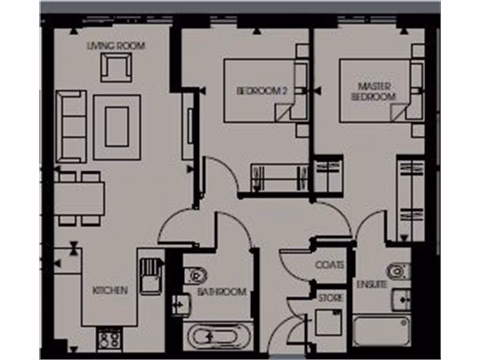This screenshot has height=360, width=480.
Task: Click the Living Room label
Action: pyautogui.click(x=116, y=46)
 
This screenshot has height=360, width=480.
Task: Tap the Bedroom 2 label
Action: pyautogui.click(x=261, y=91)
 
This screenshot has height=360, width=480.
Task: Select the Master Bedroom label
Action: pyautogui.click(x=374, y=92)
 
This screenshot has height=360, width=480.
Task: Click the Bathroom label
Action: pyautogui.click(x=221, y=292)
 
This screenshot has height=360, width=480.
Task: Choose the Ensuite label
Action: pyautogui.click(x=372, y=285)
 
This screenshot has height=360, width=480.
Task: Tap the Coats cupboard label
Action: pyautogui.click(x=330, y=265)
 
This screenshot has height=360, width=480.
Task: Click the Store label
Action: pyautogui.click(x=330, y=298)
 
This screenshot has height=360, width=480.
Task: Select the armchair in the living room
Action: pyautogui.click(x=116, y=67)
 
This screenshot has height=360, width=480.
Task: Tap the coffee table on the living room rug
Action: pyautogui.click(x=117, y=127)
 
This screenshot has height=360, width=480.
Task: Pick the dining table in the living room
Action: pyautogui.click(x=79, y=198)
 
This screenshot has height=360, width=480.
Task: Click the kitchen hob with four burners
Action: pyautogui.click(x=109, y=339)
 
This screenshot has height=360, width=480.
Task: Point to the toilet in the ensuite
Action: pyautogui.click(x=398, y=271)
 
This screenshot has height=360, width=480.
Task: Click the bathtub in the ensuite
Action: pyautogui.click(x=382, y=330)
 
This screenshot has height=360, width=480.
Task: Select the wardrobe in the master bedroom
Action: pyautogui.click(x=410, y=200)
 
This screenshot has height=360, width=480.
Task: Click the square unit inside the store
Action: pyautogui.click(x=328, y=322)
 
